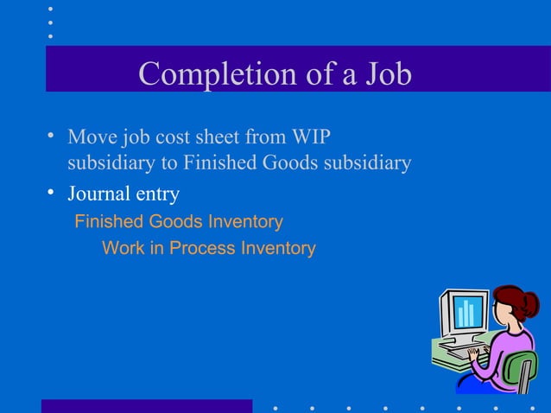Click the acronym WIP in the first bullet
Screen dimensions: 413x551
[313, 137]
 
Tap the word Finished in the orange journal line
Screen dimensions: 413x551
[109, 222]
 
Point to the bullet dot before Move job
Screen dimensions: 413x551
[53, 136]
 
